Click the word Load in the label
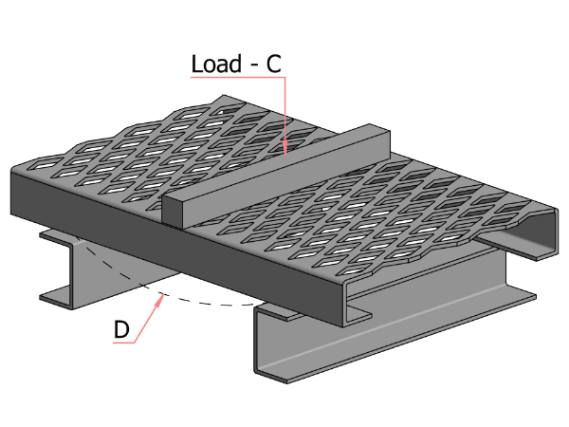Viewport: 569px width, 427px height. [216, 64]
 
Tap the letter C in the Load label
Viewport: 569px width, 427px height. [272, 64]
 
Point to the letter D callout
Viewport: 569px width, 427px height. [121, 329]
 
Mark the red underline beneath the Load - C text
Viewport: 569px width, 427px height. [237, 78]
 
